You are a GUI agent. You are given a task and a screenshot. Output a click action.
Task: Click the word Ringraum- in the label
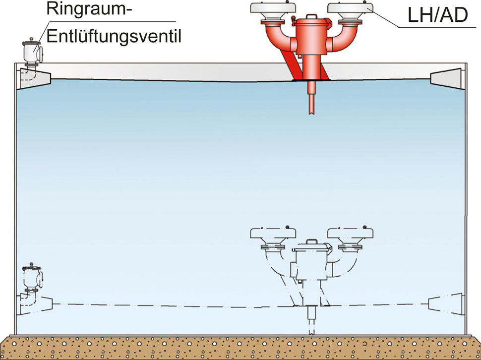click(x=87, y=9)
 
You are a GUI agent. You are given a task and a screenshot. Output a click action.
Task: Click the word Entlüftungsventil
click(x=114, y=35)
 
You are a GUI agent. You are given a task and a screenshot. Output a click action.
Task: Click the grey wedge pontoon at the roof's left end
click(x=34, y=77)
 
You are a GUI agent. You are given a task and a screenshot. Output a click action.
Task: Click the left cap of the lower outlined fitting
click(x=273, y=233)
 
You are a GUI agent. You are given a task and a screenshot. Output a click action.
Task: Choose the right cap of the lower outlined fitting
click(x=350, y=233)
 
